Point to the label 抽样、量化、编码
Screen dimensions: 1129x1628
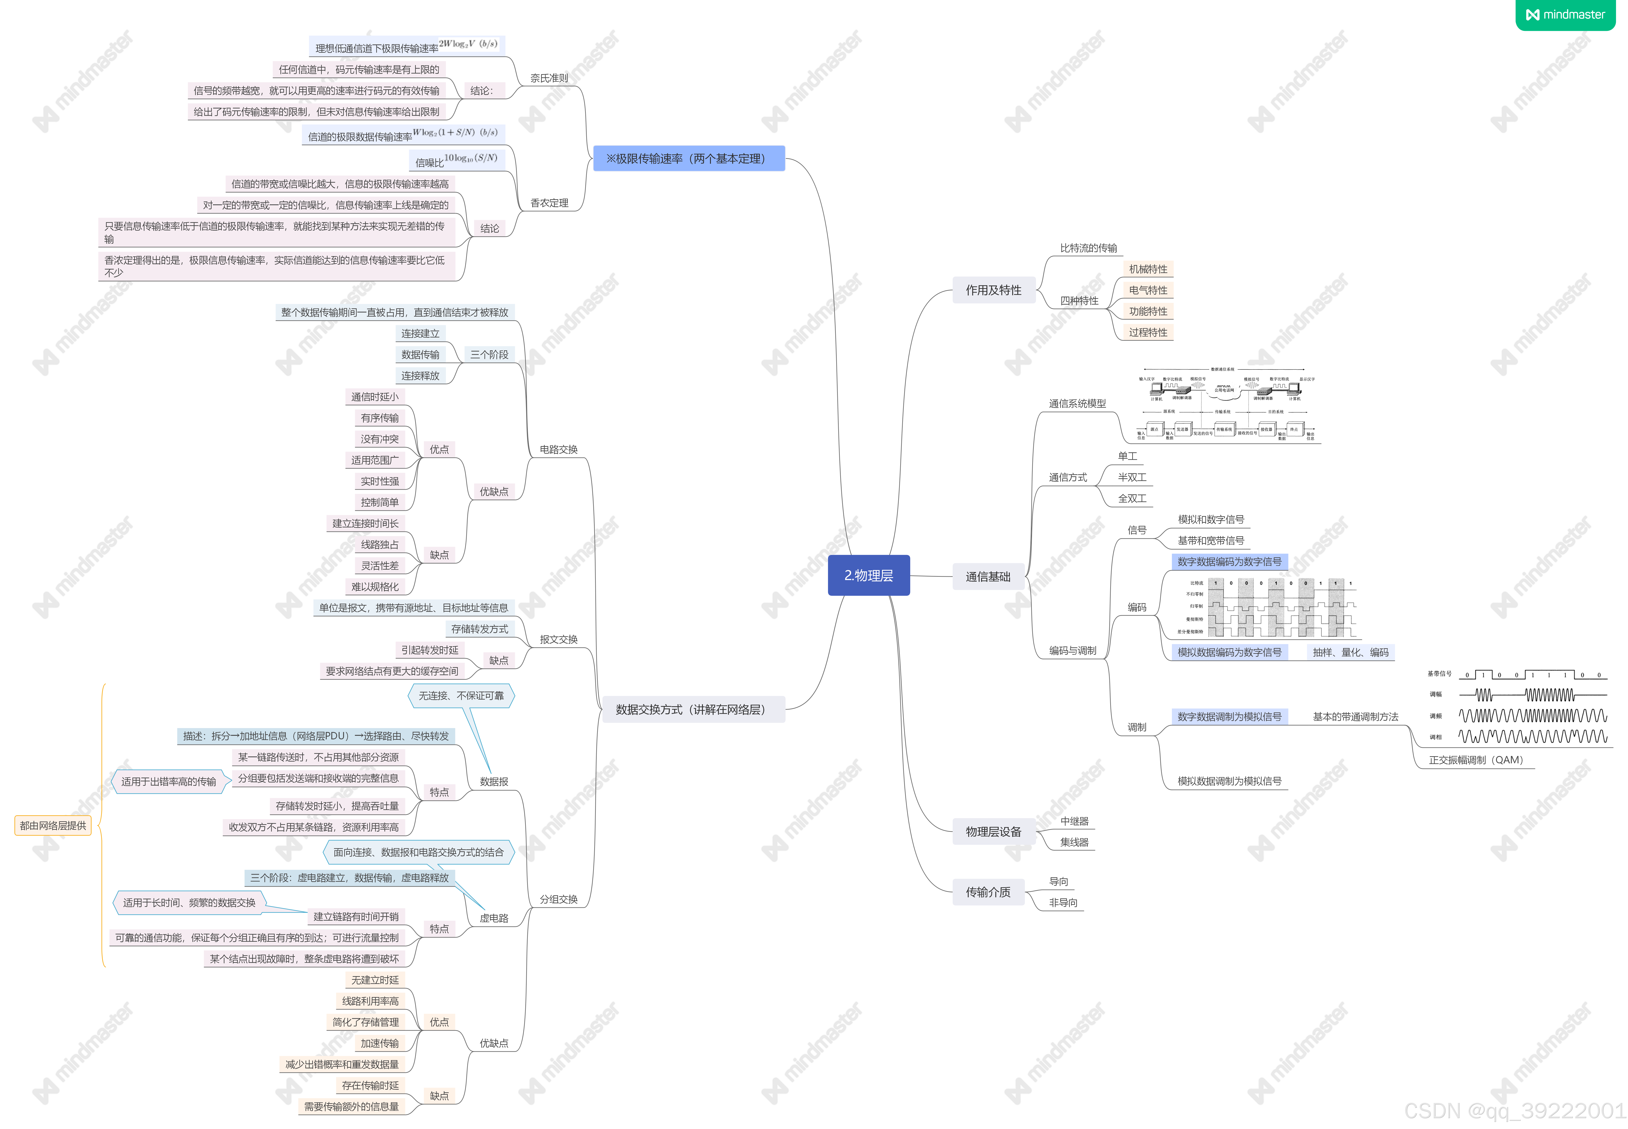tap(1350, 652)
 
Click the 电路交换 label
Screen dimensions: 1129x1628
tap(558, 449)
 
